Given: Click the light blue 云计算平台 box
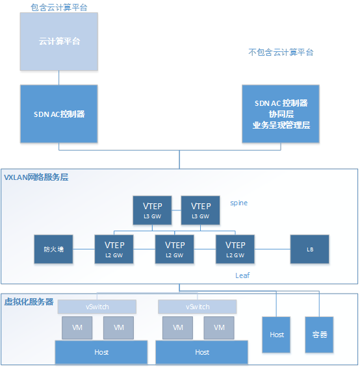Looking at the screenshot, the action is (59, 42).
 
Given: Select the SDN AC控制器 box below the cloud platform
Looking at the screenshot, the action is (59, 114).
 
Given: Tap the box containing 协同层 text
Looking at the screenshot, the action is (281, 114).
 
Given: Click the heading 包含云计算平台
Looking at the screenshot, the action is (59, 7).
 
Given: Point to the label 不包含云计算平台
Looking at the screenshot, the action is (281, 52).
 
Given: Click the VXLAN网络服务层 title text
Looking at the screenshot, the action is (36, 177).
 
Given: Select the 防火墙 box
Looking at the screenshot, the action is (53, 249).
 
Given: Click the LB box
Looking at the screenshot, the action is (309, 249).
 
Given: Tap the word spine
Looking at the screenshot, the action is (238, 203).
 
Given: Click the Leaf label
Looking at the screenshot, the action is (242, 275).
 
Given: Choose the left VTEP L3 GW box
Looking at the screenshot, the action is (152, 210).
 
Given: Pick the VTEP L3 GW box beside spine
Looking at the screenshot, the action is (200, 210).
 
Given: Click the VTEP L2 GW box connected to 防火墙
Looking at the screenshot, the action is (114, 249).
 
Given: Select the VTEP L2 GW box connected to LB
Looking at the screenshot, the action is (235, 249).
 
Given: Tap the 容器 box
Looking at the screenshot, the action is (319, 335).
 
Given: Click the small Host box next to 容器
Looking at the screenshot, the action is (276, 335).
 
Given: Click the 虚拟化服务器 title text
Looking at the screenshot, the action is (29, 301).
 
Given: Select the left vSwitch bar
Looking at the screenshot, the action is (97, 307).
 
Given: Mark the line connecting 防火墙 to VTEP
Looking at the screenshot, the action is (84, 249).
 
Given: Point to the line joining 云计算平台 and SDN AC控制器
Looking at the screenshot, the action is (59, 78).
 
